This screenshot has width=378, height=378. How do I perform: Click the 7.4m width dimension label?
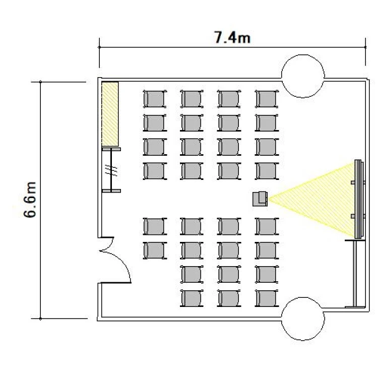[x=232, y=38]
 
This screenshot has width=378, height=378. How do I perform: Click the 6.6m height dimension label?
[x=30, y=200]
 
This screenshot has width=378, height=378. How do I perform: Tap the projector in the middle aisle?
[x=260, y=199]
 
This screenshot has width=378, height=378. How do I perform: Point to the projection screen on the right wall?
[x=359, y=199]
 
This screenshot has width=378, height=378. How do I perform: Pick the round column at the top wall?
[x=303, y=76]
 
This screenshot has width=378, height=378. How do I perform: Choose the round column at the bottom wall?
[x=303, y=319]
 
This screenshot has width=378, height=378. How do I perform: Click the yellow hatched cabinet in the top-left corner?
[x=110, y=114]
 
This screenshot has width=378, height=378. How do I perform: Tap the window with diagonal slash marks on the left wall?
[x=111, y=170]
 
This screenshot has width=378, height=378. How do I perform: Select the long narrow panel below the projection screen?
[x=355, y=274]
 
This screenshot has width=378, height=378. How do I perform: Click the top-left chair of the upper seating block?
[x=155, y=99]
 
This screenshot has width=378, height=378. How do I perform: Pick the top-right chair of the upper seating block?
[x=267, y=99]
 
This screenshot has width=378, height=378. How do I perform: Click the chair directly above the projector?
[x=267, y=171]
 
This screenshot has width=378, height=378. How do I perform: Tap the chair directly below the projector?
[x=267, y=226]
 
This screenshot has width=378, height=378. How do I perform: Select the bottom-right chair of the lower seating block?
[x=267, y=298]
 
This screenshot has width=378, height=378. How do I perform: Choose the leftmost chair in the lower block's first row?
[x=155, y=226]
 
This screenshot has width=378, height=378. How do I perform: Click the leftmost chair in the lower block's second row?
[x=155, y=250]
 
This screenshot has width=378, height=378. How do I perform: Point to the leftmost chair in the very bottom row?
[x=192, y=298]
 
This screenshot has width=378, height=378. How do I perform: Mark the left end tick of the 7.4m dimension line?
[x=99, y=47]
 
